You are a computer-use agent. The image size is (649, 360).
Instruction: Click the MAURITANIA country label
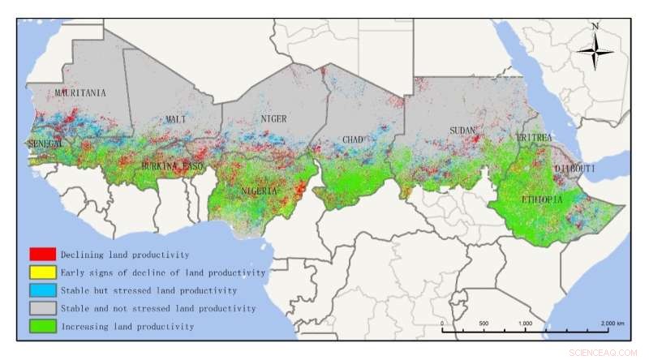pos(80,93)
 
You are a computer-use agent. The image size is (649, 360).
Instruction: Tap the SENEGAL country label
pos(45,144)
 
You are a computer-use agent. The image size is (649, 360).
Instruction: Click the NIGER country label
pos(273,119)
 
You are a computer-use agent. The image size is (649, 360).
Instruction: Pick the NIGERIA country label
pos(260,191)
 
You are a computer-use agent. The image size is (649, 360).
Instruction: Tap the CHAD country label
pos(352,140)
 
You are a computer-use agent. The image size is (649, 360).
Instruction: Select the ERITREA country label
pos(534,139)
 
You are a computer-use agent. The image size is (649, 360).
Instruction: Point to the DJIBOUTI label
pos(574,168)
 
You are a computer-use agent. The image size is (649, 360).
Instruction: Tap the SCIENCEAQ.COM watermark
pos(605,351)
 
